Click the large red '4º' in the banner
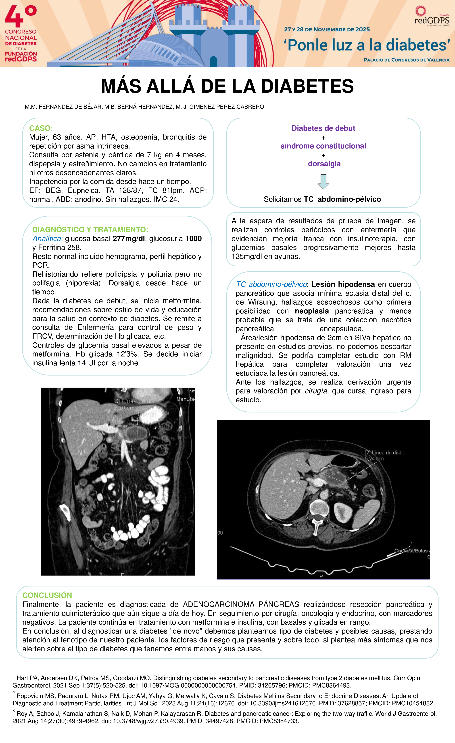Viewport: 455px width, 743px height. tap(21, 17)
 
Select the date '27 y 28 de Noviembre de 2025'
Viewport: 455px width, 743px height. tap(327, 30)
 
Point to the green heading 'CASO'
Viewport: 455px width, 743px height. tap(40, 128)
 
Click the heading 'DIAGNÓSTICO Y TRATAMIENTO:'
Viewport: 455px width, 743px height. tap(90, 229)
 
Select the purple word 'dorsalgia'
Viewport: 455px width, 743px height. tap(324, 164)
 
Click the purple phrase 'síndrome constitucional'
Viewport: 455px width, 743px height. tap(323, 146)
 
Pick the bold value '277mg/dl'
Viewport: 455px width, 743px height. tap(129, 239)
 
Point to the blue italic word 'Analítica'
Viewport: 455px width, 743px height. tap(47, 239)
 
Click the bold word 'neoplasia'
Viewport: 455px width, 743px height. tap(312, 311)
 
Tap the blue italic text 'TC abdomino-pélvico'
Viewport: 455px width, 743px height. tap(271, 284)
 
